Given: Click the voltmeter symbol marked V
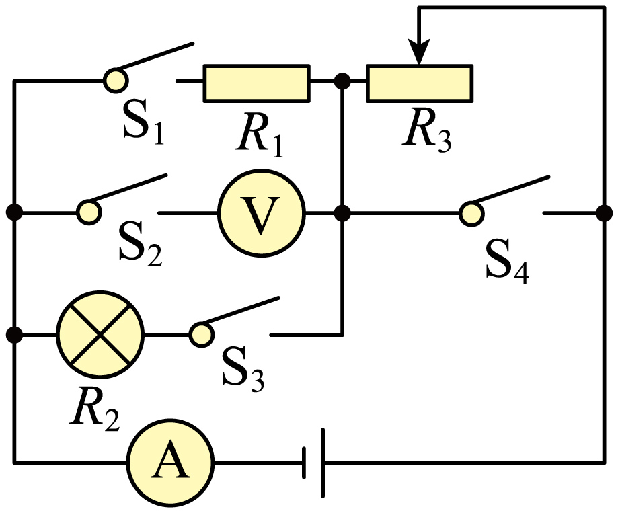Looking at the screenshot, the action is point(262,213).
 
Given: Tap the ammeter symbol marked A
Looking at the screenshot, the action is point(170,463).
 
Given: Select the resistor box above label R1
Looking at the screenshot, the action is point(257,83).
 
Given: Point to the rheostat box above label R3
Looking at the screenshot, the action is point(420,83).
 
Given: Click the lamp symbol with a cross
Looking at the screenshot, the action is point(100,335).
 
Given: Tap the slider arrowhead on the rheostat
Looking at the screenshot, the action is point(420,51).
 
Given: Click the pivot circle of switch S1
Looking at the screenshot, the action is point(116,81).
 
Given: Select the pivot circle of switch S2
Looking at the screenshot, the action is point(89,212).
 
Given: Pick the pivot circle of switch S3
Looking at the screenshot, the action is point(201,335).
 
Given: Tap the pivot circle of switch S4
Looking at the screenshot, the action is point(472,214).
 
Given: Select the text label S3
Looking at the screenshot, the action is point(243,369).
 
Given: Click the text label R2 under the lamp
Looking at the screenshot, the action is point(95,408).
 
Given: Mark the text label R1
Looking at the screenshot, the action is point(260,135).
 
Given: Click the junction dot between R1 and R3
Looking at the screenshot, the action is point(342,81).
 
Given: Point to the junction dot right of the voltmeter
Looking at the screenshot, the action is point(342,213).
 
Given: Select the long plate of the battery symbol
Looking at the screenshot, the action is point(323,463).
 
